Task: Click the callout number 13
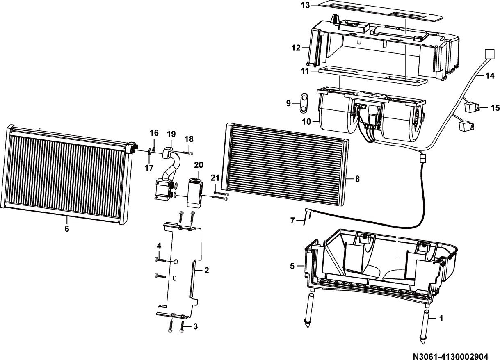point(305,5)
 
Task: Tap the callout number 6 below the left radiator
point(67,229)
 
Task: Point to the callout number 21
point(215,178)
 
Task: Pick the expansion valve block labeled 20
point(195,193)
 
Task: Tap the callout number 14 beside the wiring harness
point(490,76)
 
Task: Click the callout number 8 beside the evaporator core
point(357,179)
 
